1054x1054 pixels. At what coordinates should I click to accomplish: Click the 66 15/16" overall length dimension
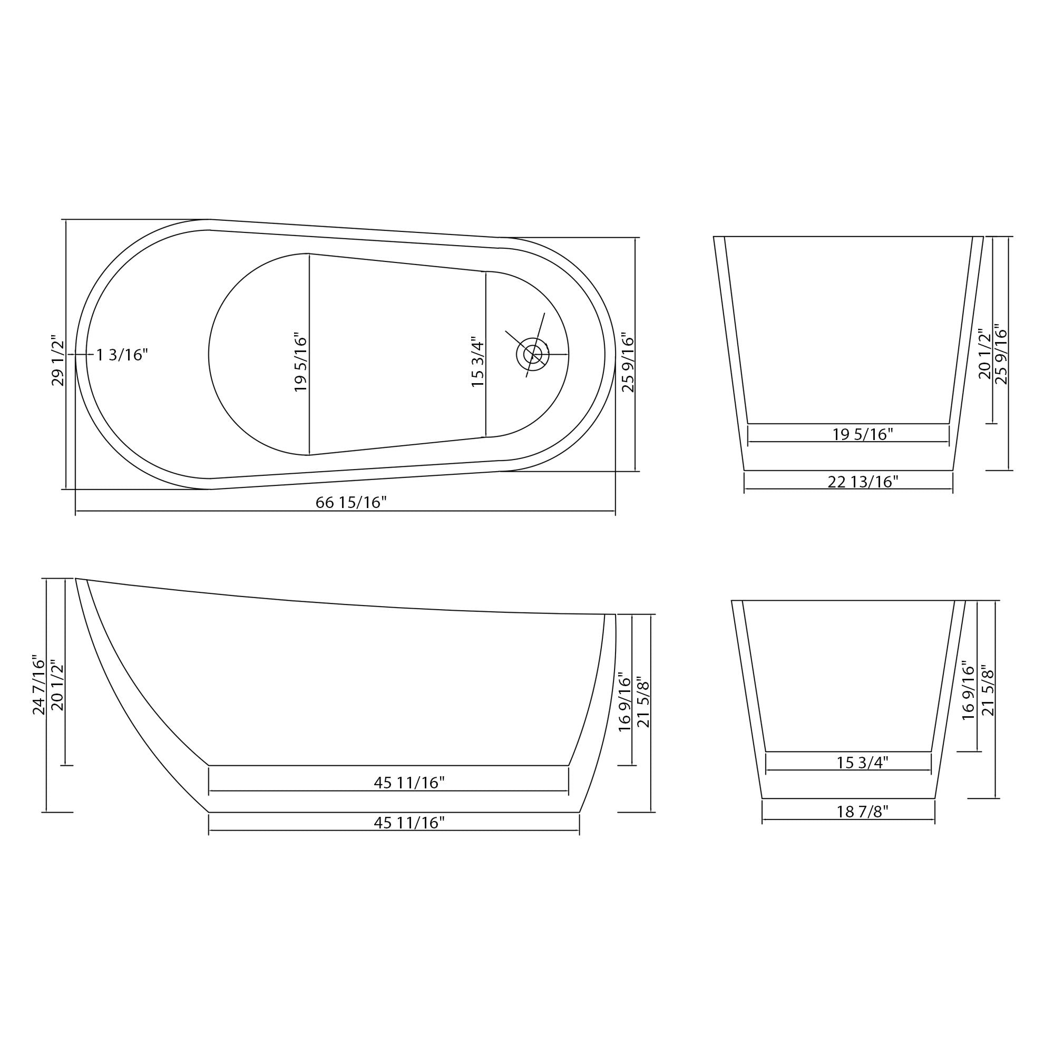point(351,502)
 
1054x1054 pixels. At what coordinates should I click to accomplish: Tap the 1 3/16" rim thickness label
point(122,355)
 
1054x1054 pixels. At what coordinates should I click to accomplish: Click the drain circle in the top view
point(532,355)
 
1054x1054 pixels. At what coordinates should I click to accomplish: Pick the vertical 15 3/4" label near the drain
point(478,362)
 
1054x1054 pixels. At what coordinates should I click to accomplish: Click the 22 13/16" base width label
point(863,482)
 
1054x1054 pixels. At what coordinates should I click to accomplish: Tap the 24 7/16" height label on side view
point(40,685)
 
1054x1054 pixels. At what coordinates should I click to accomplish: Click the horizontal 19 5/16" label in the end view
point(863,435)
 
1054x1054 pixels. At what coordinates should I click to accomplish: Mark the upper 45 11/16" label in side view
point(409,783)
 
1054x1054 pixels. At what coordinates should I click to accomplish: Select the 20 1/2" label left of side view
point(57,685)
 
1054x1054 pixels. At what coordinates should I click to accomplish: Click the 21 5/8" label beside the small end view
point(989,690)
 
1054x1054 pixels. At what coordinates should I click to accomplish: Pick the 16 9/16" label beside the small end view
point(968,690)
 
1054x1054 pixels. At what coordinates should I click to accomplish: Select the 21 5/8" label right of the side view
point(645,704)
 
